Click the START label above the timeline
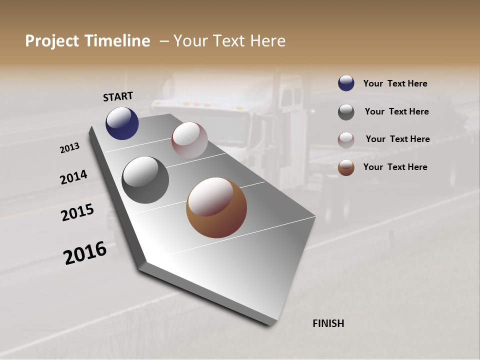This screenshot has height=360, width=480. pos(118,96)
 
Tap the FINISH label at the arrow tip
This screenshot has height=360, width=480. pos(328,323)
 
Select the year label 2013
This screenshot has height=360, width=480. pos(70,148)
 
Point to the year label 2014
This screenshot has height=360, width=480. pos(74,177)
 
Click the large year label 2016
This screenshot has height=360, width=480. pos(85,253)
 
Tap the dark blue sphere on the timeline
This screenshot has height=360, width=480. pos(122,123)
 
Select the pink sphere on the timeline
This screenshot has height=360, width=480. pos(189,140)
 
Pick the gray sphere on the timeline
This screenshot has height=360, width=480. pos(145,180)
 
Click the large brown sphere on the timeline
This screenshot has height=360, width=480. pos(216,207)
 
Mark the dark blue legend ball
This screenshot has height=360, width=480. pos(346,83)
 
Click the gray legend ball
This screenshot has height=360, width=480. pos(346,112)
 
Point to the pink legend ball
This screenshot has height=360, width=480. pos(346,140)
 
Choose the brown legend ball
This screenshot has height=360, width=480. pos(346,167)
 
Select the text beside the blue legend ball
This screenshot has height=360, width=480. pos(395,84)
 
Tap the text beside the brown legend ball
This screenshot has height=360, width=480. pos(395,167)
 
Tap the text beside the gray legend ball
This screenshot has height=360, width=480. pos(396,111)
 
